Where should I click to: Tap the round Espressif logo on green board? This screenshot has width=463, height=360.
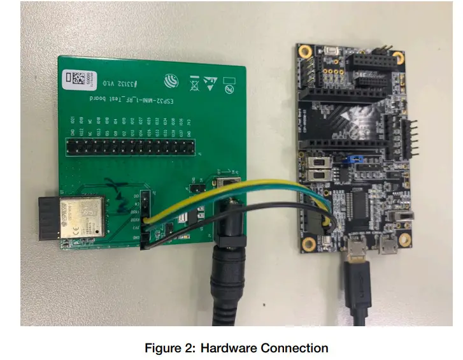[x=168, y=81]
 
